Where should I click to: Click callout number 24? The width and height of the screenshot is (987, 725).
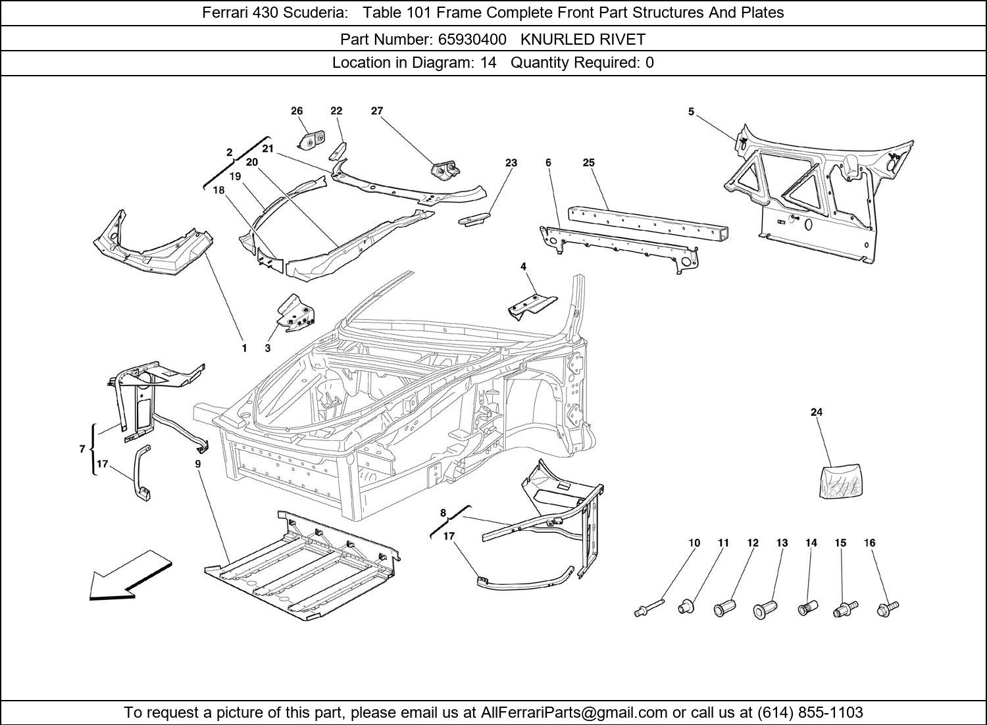point(816,413)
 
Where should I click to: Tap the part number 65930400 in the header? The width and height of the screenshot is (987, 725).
point(472,39)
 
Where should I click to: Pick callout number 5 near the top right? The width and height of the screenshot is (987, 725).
point(691,112)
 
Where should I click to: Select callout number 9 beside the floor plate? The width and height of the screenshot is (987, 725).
point(197,464)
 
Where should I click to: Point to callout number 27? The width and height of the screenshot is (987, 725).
point(376,111)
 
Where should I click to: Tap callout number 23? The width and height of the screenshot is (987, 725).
point(511,162)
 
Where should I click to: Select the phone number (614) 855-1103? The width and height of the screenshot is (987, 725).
point(810,712)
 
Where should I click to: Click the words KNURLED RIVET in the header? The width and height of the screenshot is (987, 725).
point(583,39)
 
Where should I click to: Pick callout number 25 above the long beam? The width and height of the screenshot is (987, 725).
point(588,162)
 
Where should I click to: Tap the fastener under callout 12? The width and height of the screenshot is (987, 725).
point(724,609)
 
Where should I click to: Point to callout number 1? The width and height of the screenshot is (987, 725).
point(244,348)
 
